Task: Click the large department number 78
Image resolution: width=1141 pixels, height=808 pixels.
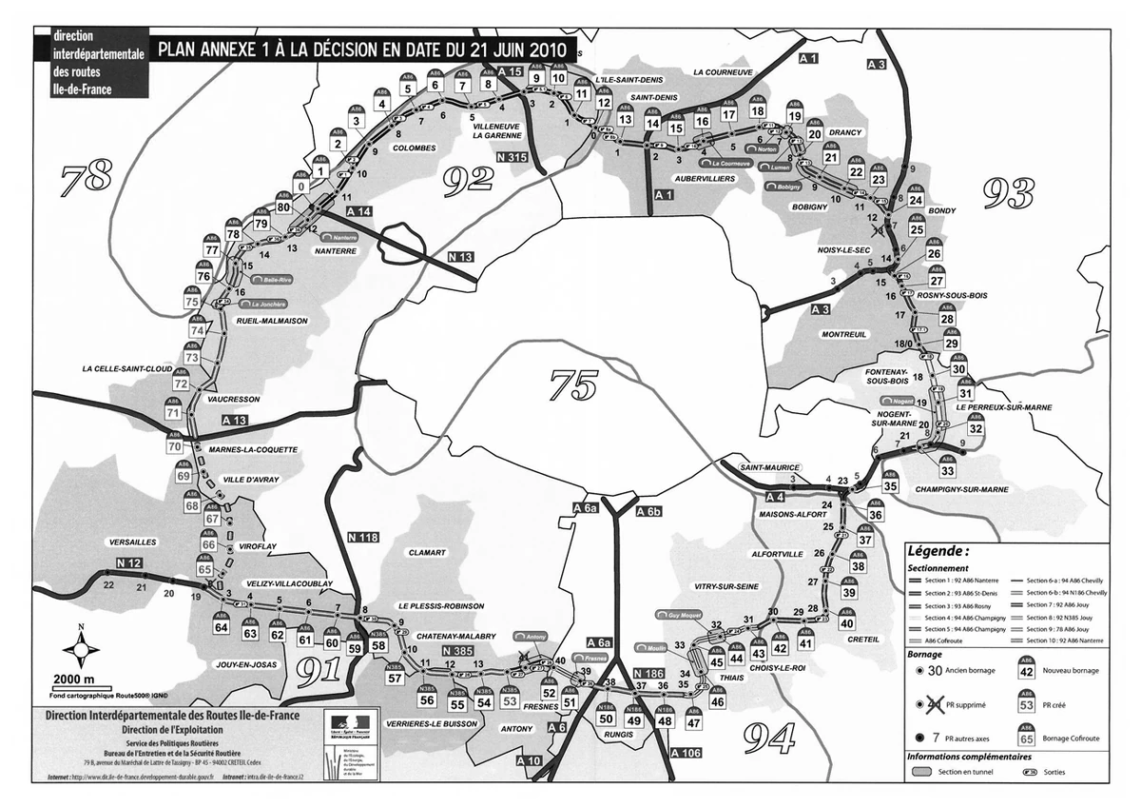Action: click(x=87, y=175)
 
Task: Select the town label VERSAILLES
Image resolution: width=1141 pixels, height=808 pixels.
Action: click(x=132, y=542)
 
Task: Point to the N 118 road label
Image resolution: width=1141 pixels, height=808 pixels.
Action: click(x=363, y=537)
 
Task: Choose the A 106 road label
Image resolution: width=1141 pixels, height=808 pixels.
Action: click(x=687, y=753)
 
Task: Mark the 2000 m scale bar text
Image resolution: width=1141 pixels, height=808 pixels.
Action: click(x=74, y=680)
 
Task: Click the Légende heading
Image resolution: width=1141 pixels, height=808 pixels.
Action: click(x=938, y=550)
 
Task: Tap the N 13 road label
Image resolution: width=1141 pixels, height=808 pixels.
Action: click(x=460, y=258)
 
